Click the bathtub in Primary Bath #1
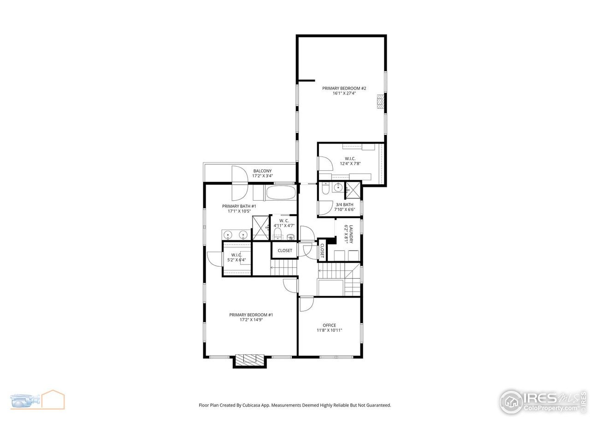click(x=281, y=192)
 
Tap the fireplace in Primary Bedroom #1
click(x=250, y=360)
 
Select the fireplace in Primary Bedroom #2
click(x=380, y=101)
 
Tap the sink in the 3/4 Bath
click(x=337, y=187)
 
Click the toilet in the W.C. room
click(x=277, y=234)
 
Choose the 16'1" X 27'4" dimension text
click(x=344, y=93)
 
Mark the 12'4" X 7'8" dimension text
click(x=350, y=163)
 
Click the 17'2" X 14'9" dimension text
click(x=251, y=320)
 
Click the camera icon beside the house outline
click(x=25, y=401)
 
